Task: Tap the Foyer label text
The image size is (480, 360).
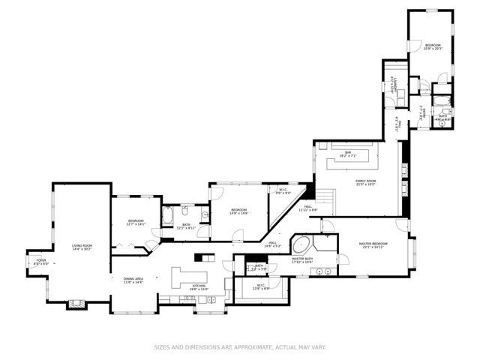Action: [x=41, y=262]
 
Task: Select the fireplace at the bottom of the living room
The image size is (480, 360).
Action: [x=77, y=304]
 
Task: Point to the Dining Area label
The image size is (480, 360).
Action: [x=133, y=280]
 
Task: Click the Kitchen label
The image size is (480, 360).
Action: [x=199, y=286]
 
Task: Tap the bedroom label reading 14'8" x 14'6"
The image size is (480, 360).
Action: [x=239, y=211]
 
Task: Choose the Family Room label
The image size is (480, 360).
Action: [x=365, y=182]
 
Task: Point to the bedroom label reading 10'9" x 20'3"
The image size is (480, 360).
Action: [x=433, y=47]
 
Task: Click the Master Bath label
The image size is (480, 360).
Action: [x=302, y=260]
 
